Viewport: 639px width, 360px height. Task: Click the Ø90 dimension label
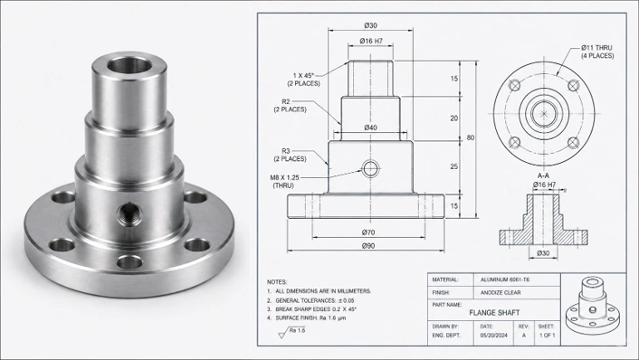368,245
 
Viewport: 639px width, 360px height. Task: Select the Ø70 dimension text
368,232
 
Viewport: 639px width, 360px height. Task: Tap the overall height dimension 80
471,137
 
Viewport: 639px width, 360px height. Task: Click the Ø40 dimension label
370,128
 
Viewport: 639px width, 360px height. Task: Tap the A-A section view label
543,175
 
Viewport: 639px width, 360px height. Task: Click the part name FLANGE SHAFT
494,313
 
